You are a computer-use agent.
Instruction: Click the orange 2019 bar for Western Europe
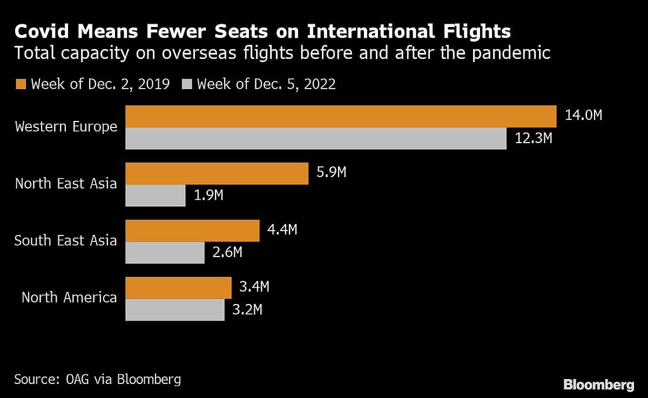pos(341,116)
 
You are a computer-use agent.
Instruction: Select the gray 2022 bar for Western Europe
pos(316,138)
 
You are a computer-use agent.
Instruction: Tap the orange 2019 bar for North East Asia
pos(217,173)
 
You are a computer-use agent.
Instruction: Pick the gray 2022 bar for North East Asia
pos(156,195)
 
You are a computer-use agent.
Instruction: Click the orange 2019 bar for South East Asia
pos(192,231)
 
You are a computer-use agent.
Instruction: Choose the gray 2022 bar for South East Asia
pos(165,252)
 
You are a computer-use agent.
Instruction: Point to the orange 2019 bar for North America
pos(178,287)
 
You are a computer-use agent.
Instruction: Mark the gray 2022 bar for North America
pos(175,309)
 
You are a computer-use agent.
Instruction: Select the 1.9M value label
pos(208,195)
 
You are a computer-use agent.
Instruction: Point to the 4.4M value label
pos(282,230)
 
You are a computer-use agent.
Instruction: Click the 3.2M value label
pos(247,309)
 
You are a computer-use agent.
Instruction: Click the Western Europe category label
pos(66,127)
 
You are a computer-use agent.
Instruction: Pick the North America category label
pos(69,297)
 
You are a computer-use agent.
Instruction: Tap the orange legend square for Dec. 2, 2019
pos(21,84)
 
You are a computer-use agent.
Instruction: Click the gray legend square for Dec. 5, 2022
pos(187,84)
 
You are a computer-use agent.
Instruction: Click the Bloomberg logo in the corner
pos(598,384)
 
